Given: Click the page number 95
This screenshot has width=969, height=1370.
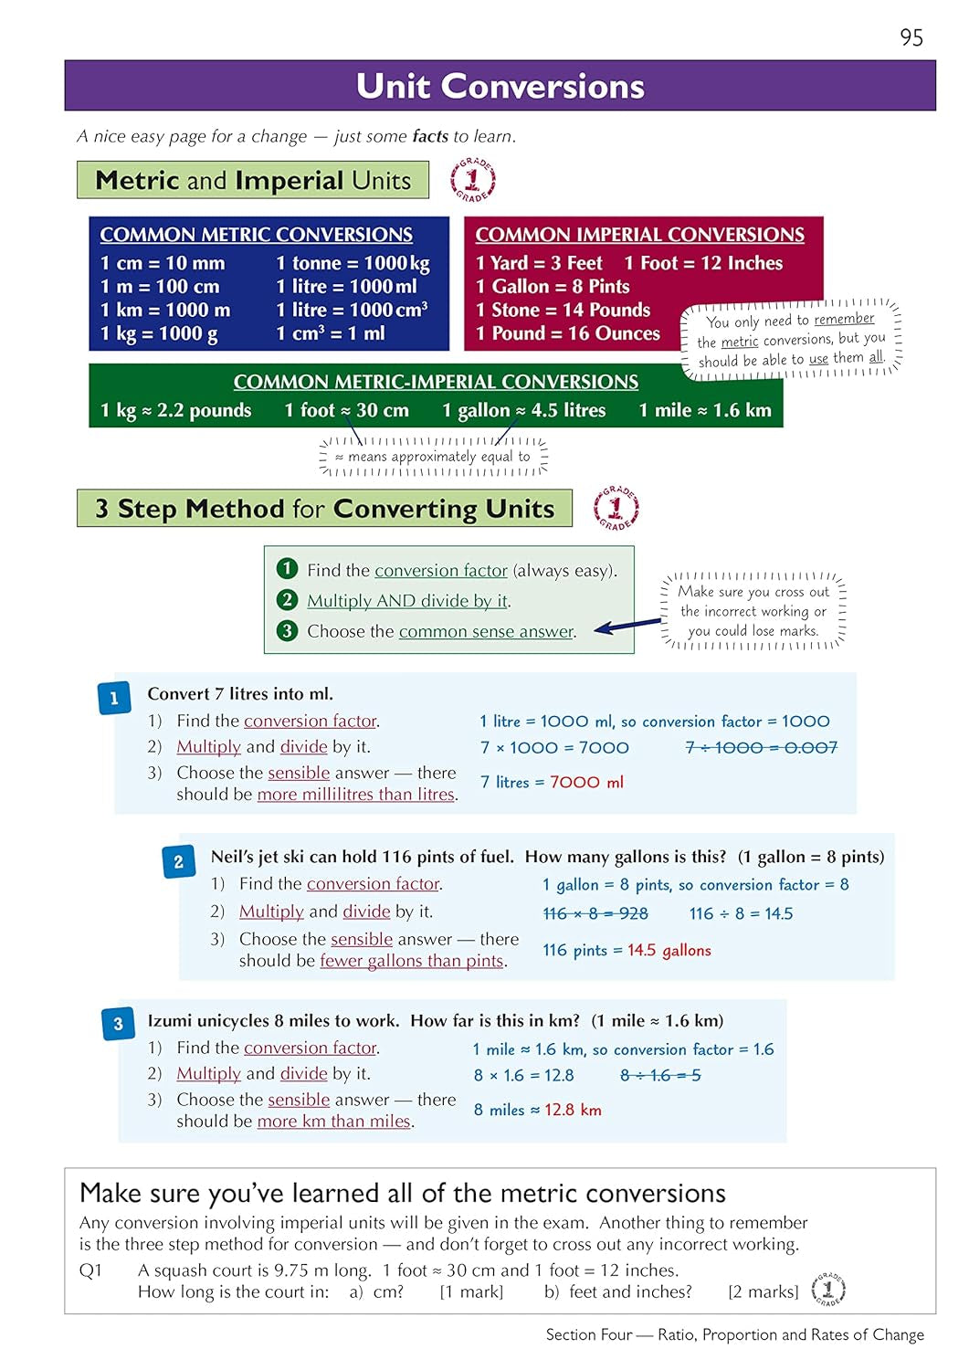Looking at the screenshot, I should click(911, 37).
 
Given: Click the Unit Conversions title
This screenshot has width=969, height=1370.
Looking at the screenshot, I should click(500, 86).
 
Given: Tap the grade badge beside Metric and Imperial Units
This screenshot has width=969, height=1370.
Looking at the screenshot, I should click(472, 180).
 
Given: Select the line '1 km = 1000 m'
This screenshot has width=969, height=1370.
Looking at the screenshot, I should click(165, 311).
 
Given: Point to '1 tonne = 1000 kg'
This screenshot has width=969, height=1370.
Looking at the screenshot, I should click(353, 263).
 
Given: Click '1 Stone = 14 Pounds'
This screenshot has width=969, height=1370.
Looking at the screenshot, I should click(563, 311).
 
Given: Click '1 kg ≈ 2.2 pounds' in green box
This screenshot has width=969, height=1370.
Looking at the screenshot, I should click(176, 411).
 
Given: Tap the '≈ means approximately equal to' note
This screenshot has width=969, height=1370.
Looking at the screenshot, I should click(432, 457).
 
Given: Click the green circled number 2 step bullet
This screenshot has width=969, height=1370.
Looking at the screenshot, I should click(287, 600).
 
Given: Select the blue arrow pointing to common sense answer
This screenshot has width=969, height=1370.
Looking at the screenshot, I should click(627, 626).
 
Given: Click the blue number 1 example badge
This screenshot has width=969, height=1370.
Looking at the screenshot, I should click(114, 699).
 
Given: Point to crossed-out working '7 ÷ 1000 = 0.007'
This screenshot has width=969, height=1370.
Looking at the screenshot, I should click(761, 747).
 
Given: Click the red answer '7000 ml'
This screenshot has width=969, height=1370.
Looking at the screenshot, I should click(586, 782).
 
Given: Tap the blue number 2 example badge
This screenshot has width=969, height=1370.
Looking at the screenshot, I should click(178, 861).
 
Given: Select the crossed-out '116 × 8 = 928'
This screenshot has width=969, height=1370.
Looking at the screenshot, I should click(595, 913).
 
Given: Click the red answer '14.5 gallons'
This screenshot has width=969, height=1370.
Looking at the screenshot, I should click(669, 950).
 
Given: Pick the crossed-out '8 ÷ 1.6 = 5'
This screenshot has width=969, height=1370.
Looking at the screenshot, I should click(660, 1075).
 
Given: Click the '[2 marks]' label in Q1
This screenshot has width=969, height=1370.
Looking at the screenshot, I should click(763, 1291).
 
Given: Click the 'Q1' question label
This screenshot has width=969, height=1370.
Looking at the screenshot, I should click(91, 1270).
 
